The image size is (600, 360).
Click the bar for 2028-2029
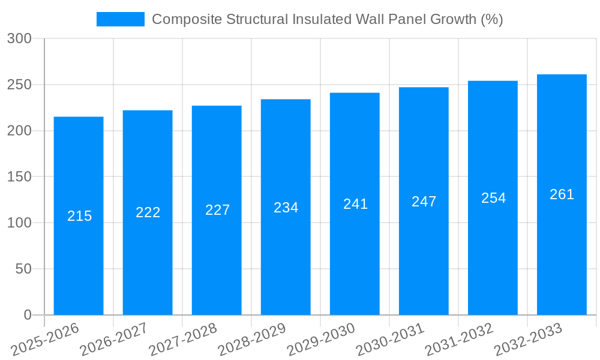pyautogui.click(x=286, y=252)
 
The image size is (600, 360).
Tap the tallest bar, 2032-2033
pyautogui.click(x=562, y=252)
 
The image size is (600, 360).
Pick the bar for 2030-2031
pyautogui.click(x=424, y=252)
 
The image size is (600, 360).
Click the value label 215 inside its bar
pyautogui.click(x=79, y=216)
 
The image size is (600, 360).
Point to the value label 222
pyautogui.click(x=148, y=212)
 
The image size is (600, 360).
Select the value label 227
pyautogui.click(x=217, y=210)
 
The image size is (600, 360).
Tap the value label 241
pyautogui.click(x=355, y=204)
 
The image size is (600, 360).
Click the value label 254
pyautogui.click(x=493, y=198)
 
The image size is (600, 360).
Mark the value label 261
pyautogui.click(x=562, y=194)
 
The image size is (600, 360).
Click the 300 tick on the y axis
pyautogui.click(x=19, y=38)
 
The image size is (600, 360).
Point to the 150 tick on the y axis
pyautogui.click(x=19, y=177)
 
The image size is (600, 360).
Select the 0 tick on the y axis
pyautogui.click(x=27, y=315)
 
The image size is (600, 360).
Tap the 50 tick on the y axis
pyautogui.click(x=23, y=269)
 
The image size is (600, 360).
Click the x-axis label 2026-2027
pyautogui.click(x=114, y=340)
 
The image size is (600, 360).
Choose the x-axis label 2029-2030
pyautogui.click(x=321, y=340)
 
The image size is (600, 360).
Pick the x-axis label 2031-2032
pyautogui.click(x=459, y=340)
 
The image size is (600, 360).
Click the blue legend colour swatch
pyautogui.click(x=120, y=19)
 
